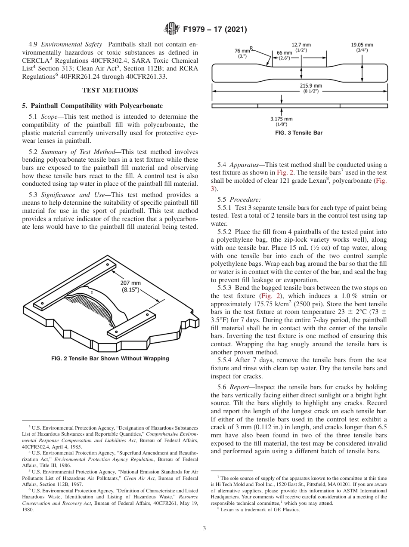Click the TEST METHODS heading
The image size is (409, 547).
[x=110, y=90]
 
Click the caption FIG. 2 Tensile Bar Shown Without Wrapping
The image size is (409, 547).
[x=110, y=359]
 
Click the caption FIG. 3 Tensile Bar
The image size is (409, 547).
[x=299, y=133]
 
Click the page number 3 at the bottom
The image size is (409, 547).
[x=204, y=528]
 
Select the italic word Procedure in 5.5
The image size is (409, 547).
[x=245, y=200]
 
